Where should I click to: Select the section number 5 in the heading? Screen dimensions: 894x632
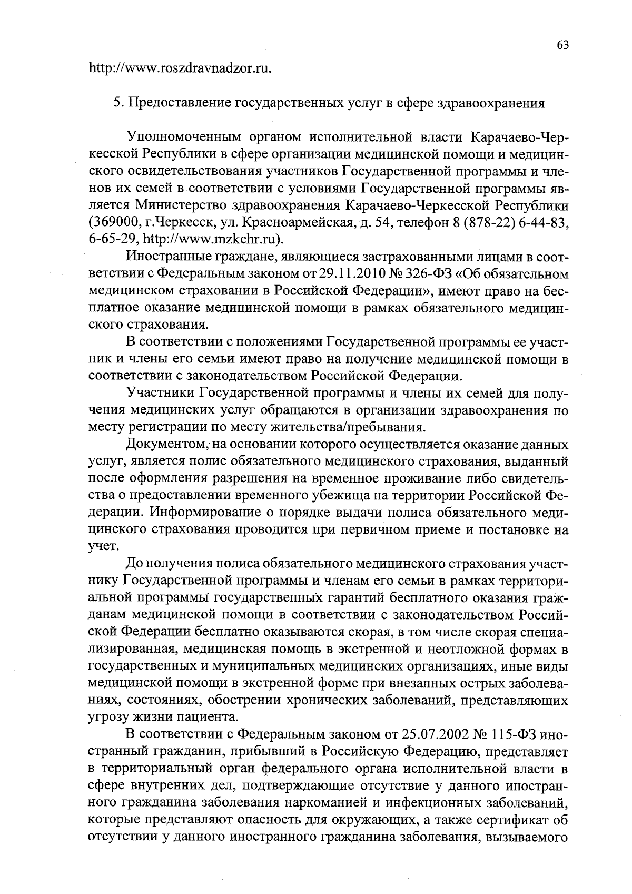[x=118, y=102]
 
